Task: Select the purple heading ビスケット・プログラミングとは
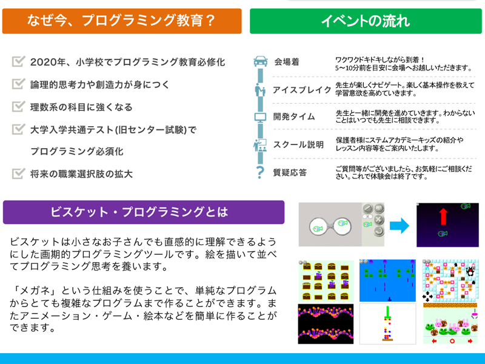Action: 144,212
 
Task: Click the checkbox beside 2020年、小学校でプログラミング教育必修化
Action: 18,61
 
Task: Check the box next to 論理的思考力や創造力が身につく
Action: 18,84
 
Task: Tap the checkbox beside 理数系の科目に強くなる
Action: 18,106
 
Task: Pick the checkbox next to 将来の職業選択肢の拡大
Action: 18,174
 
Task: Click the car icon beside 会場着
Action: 261,61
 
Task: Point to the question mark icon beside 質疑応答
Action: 261,172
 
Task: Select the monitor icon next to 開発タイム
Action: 261,117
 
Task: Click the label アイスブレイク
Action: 302,90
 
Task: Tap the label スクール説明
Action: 298,145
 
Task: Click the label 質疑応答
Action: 290,172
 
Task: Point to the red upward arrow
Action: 444,217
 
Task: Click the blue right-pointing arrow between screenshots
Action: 400,226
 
